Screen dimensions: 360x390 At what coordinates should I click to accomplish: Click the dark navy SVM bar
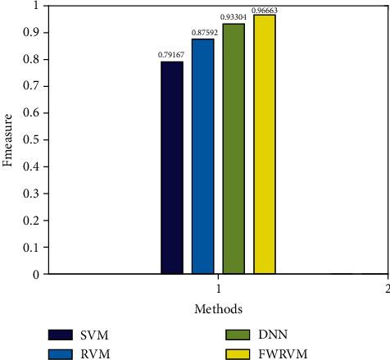[x=172, y=167]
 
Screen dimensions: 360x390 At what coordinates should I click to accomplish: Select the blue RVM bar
[x=202, y=156]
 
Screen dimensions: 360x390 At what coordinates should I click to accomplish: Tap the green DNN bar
[x=234, y=148]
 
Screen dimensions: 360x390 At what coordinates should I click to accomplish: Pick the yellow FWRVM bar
[x=265, y=144]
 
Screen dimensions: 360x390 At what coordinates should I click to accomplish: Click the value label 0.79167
[x=171, y=55]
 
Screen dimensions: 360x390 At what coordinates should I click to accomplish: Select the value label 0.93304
[x=234, y=16]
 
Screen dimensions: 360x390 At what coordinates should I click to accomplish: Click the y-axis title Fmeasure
[x=8, y=140]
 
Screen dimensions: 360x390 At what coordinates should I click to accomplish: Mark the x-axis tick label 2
[x=385, y=289]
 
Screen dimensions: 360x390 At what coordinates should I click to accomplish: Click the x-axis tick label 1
[x=218, y=289]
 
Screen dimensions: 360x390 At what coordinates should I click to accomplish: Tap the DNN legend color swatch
[x=237, y=335]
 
